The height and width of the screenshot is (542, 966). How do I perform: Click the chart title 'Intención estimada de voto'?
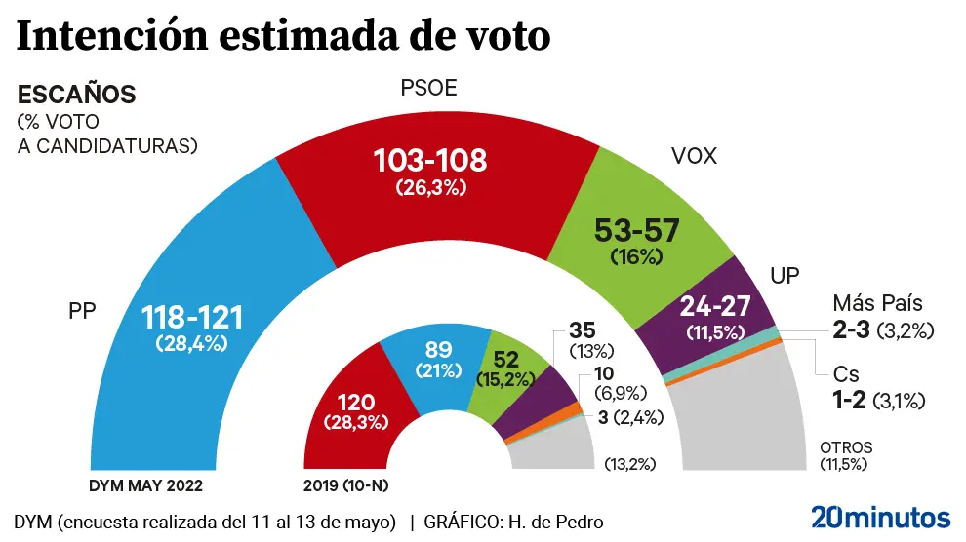click(284, 36)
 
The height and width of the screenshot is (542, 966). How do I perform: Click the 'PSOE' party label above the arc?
click(429, 90)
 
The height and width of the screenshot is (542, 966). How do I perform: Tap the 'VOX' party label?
click(694, 156)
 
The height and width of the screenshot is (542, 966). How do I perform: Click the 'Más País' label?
click(876, 303)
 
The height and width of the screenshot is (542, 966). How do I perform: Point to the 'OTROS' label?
click(845, 447)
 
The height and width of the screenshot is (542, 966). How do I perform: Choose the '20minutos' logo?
click(880, 516)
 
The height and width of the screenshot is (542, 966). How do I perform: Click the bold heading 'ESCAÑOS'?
click(76, 96)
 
